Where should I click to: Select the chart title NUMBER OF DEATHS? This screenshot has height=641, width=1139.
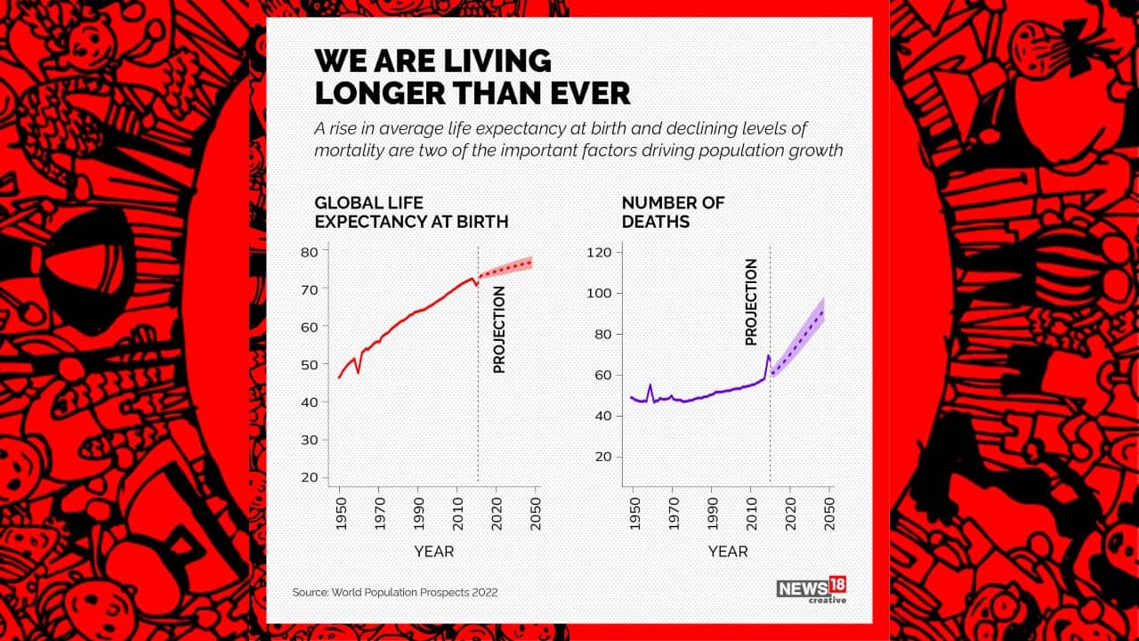click(673, 213)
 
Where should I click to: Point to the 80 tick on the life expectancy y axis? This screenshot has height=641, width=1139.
click(309, 252)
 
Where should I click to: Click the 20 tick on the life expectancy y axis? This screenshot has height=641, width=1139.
click(309, 477)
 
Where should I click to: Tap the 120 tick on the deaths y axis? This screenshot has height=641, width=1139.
click(600, 253)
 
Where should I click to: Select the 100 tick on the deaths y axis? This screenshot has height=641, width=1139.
click(600, 294)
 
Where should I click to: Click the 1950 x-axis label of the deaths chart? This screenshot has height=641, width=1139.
click(633, 514)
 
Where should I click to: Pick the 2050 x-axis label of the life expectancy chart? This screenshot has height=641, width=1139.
click(537, 514)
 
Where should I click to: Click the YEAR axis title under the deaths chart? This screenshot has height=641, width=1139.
click(728, 552)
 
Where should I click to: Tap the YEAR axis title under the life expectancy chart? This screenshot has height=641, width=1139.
click(434, 552)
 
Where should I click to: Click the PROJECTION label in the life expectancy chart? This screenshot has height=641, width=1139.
click(499, 329)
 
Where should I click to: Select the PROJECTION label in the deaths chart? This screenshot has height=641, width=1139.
click(752, 302)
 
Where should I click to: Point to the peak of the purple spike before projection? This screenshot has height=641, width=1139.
click(767, 356)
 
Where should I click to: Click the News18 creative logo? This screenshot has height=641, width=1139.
click(811, 589)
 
